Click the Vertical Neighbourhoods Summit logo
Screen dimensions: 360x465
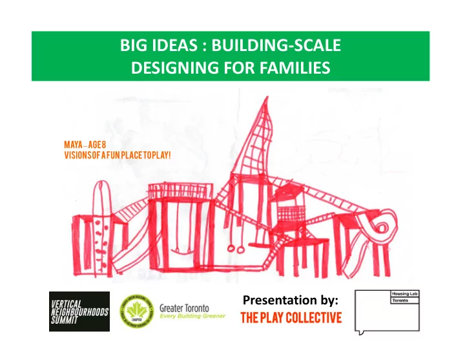coord(79,312)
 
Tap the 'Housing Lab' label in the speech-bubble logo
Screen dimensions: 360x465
coord(406,295)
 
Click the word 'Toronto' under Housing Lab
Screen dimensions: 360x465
coord(402,302)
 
